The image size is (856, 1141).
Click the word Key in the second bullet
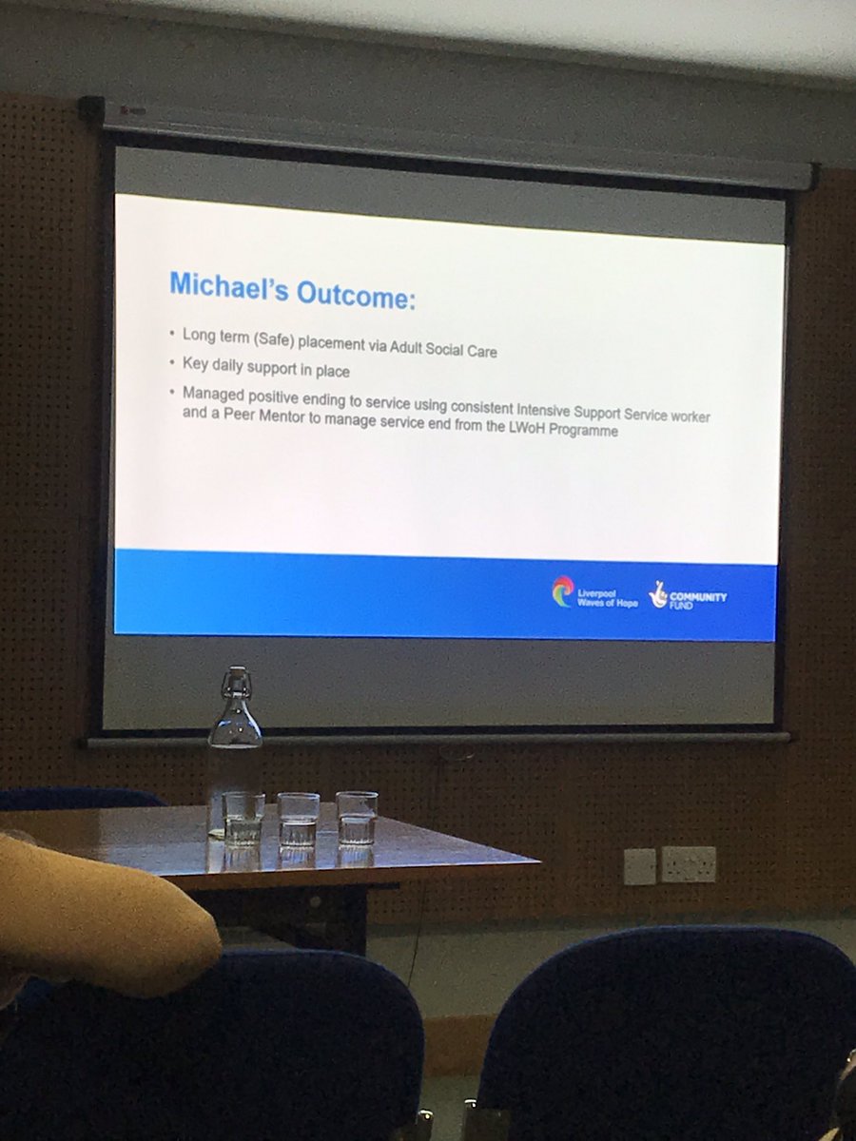[x=195, y=363]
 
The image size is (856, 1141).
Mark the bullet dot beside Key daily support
[x=172, y=362]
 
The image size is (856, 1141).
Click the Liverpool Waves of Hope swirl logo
[x=562, y=590]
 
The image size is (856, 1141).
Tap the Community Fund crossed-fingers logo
[x=658, y=595]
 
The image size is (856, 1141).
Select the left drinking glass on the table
[x=243, y=819]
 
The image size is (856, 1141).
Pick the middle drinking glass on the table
[x=299, y=819]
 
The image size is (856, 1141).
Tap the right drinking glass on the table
[x=356, y=817]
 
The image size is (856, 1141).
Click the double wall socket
[x=689, y=864]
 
